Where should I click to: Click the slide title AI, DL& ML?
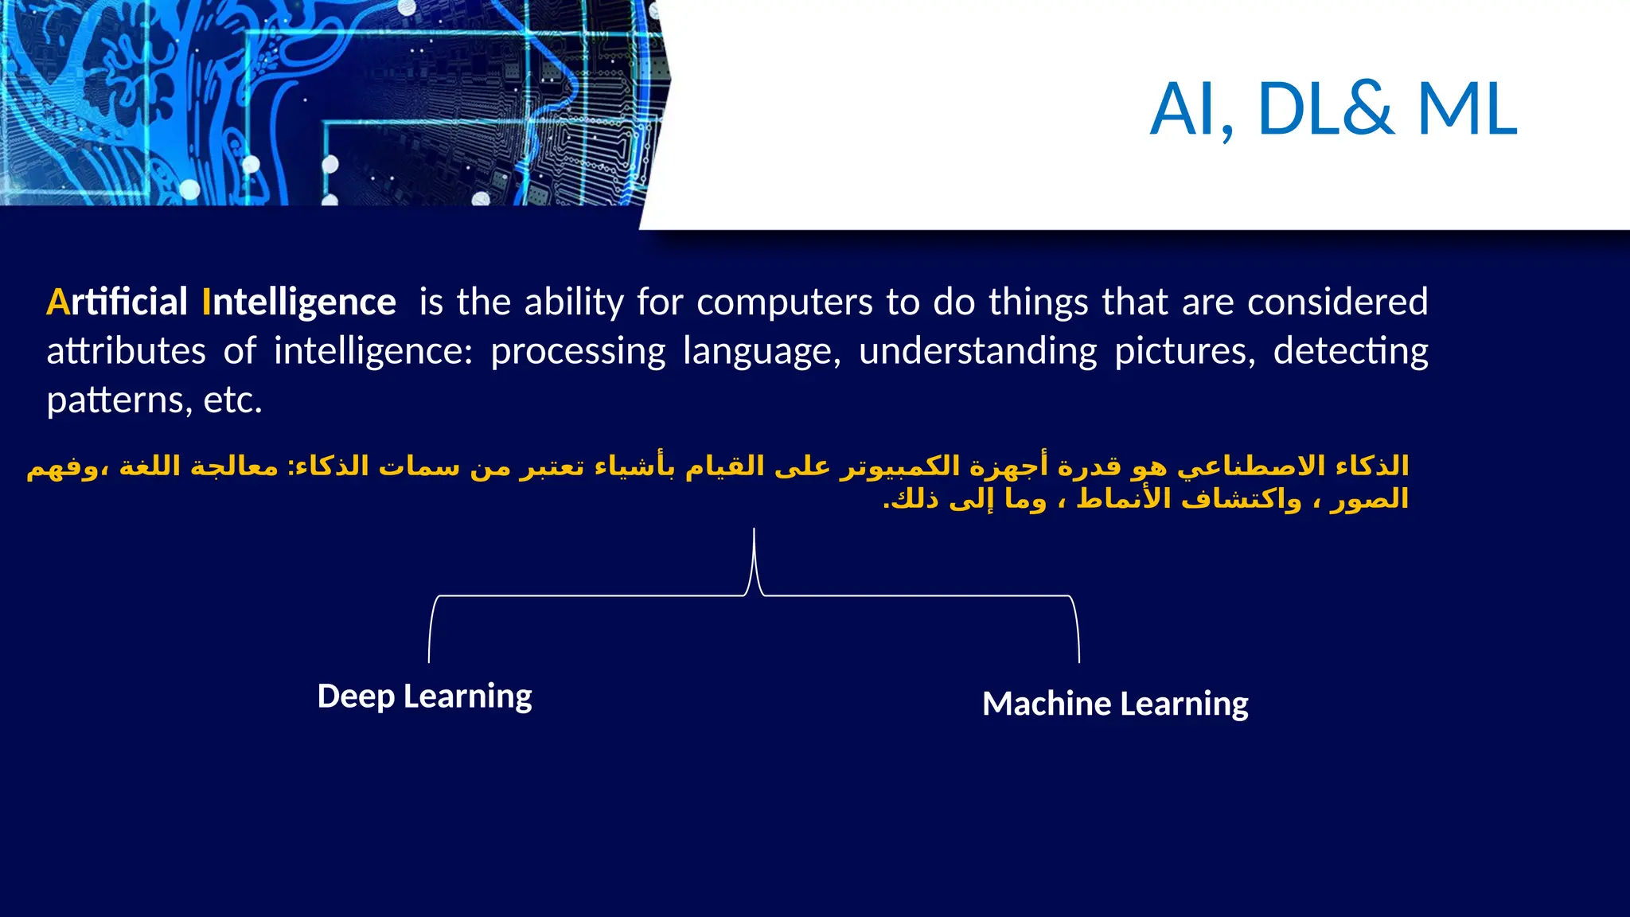pos(1334,110)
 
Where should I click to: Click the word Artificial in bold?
pos(117,302)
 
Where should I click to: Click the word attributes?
pos(126,352)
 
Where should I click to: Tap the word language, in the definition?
pos(762,352)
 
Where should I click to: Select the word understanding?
pos(978,352)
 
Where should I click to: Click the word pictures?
pos(1184,352)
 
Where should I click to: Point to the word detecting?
pos(1351,352)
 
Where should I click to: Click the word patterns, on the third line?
pos(119,400)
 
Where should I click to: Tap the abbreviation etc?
pos(232,400)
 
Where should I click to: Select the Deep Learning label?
pos(424,697)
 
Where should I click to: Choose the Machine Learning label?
pos(1115,704)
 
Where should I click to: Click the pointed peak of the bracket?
pos(754,532)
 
